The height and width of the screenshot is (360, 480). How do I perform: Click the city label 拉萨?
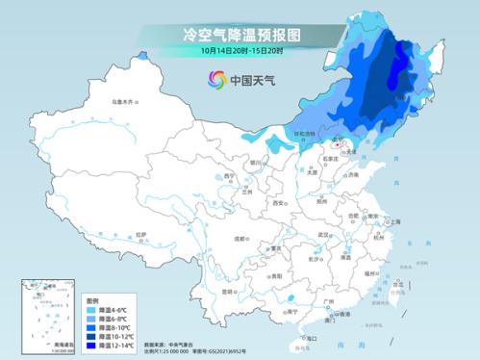click(x=140, y=234)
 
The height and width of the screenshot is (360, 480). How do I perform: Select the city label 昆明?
click(x=227, y=291)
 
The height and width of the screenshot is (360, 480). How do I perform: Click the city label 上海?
click(x=394, y=221)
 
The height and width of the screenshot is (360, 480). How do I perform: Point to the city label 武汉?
click(x=324, y=235)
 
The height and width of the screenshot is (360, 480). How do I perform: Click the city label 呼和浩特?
click(x=303, y=134)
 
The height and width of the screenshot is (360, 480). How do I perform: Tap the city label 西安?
click(x=279, y=204)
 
